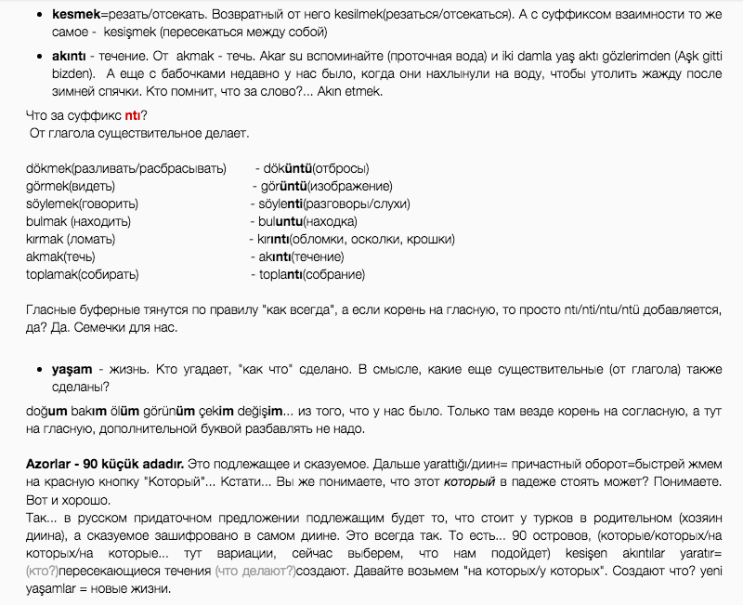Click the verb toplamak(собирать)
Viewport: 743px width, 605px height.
click(84, 274)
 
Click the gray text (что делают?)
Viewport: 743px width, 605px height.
click(254, 571)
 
